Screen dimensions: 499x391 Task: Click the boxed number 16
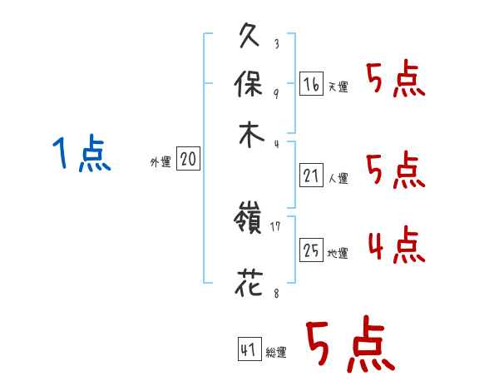click(311, 84)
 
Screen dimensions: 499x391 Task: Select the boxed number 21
click(311, 176)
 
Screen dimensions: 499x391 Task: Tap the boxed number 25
click(311, 250)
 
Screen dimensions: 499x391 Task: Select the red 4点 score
click(396, 245)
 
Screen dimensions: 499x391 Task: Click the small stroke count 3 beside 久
click(275, 44)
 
